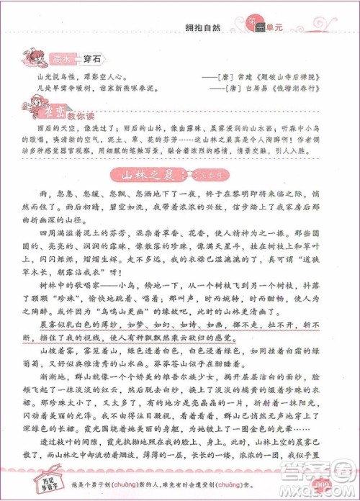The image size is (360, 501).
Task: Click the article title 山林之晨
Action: click(150, 173)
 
